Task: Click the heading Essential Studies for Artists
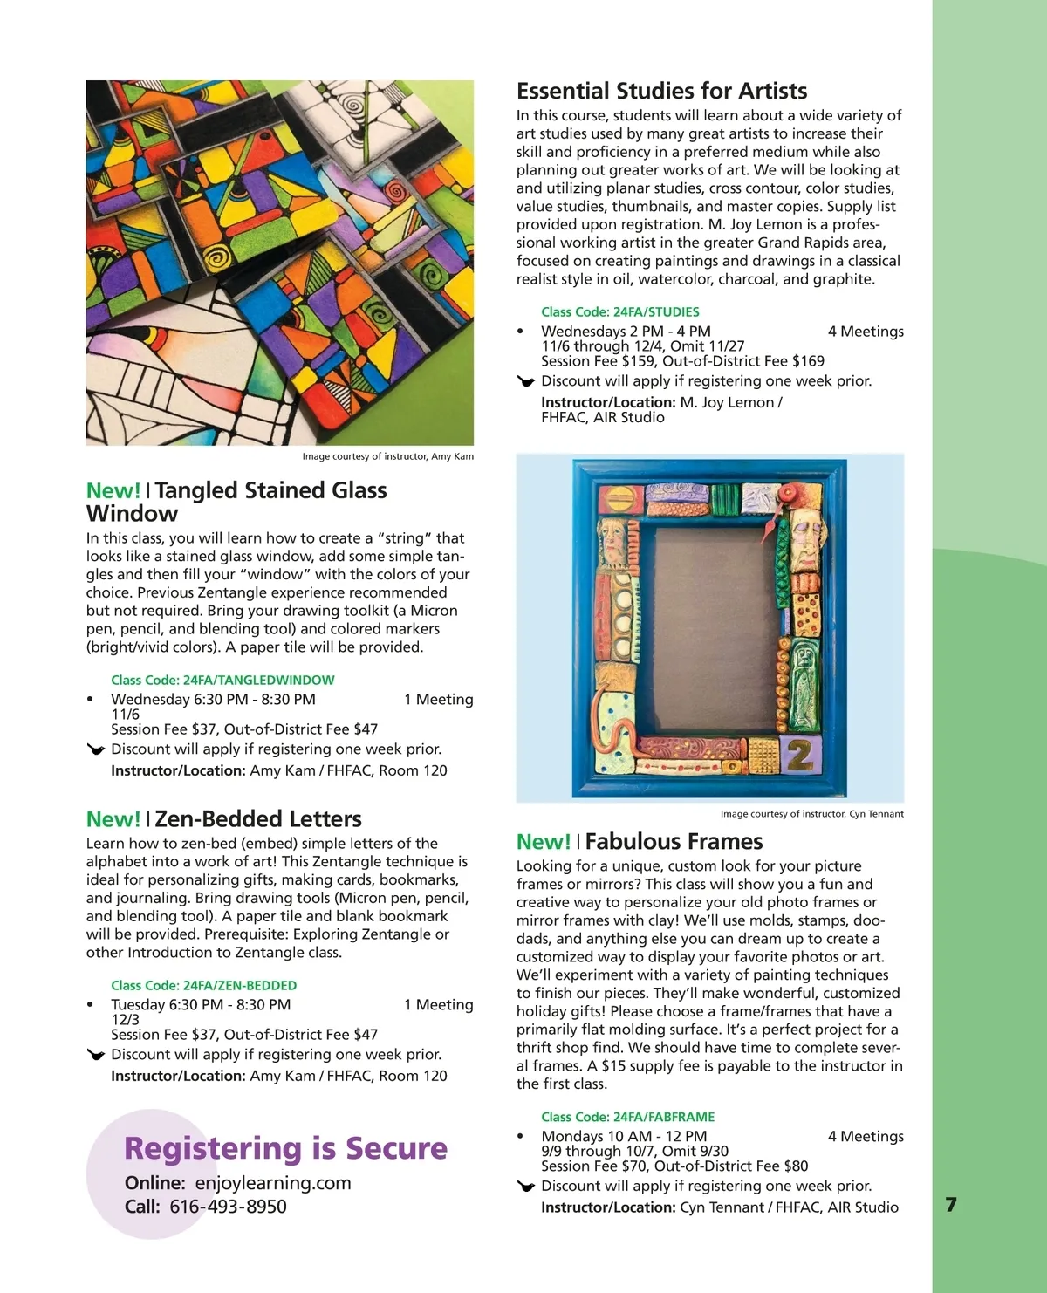pos(661,91)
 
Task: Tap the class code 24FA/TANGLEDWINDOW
pos(222,680)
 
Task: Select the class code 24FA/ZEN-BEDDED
pos(203,985)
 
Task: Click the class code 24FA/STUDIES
pos(619,311)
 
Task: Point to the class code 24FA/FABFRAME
pos(627,1117)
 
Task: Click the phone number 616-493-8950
pos(228,1207)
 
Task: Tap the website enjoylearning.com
pos(273,1183)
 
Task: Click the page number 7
pos(951,1205)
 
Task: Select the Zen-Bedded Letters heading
pos(257,819)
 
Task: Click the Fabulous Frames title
pos(674,842)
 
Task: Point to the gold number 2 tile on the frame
pos(798,756)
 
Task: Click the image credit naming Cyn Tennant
pos(811,814)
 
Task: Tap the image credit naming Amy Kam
pos(387,456)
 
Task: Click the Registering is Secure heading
pos(285,1148)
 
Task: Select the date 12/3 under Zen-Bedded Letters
pos(125,1019)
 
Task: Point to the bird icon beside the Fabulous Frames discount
pos(525,1187)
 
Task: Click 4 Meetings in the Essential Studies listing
pos(866,332)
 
